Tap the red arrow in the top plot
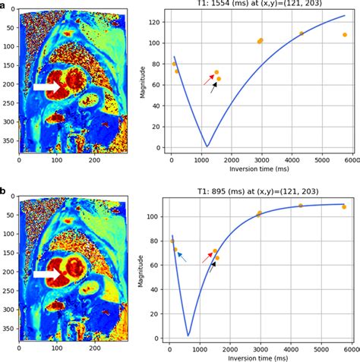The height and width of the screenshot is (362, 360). tap(207, 78)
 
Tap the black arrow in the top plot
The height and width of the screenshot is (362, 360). tap(213, 87)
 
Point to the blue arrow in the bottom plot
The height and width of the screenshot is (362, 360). tap(182, 257)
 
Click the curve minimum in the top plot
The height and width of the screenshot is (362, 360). tap(207, 146)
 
